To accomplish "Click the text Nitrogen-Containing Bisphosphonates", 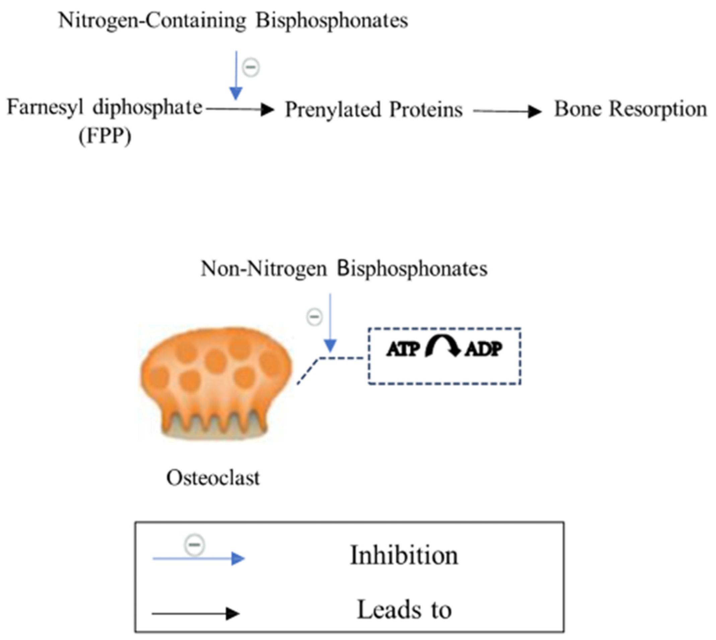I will pyautogui.click(x=233, y=20).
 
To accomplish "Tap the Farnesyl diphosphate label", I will pyautogui.click(x=105, y=107).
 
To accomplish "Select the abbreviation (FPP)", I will pyautogui.click(x=105, y=135).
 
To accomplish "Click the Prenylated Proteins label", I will pyautogui.click(x=373, y=109).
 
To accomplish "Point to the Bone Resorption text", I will pyautogui.click(x=630, y=109).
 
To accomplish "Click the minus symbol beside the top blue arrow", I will pyautogui.click(x=251, y=67).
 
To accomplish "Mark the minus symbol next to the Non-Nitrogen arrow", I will pyautogui.click(x=314, y=317).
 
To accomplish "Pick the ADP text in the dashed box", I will pyautogui.click(x=484, y=349).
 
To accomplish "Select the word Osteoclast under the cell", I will pyautogui.click(x=213, y=478).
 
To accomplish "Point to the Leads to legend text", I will pyautogui.click(x=404, y=610).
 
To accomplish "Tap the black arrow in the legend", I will pyautogui.click(x=196, y=614).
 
